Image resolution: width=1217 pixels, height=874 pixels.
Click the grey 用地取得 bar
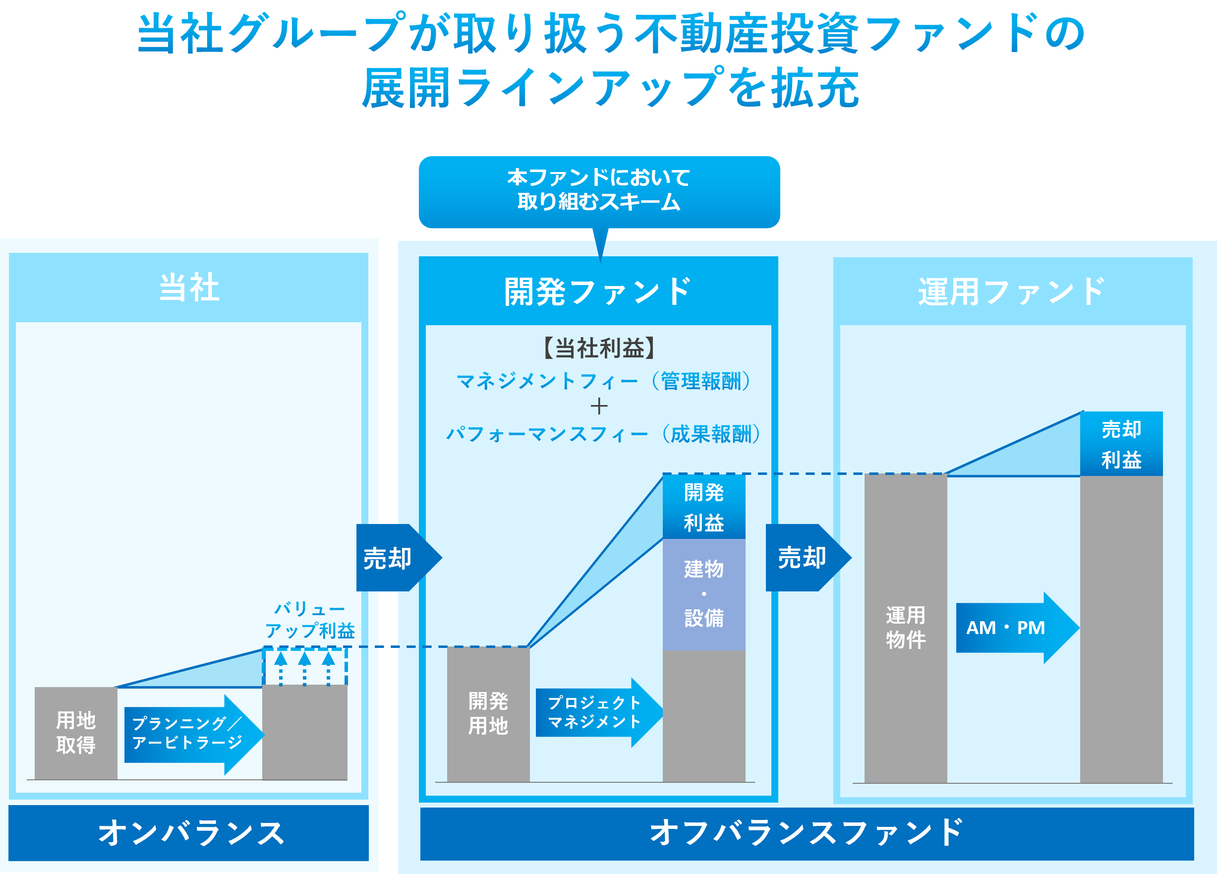pos(76,732)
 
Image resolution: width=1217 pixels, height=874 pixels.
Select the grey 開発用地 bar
pos(488,713)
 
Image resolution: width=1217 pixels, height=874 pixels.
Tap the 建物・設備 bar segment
pos(704,594)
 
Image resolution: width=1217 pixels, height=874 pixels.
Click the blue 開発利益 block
pos(704,507)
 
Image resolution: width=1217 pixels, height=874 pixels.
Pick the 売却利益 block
pos(1121,444)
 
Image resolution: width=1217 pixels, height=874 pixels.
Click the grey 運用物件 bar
pos(906,628)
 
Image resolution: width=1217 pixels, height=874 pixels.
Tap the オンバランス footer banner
pos(189,833)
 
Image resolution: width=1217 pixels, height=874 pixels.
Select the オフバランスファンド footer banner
pos(807,833)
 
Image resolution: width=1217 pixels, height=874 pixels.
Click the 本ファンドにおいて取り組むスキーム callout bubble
pos(599,190)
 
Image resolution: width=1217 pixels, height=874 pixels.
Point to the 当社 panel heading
pos(189,288)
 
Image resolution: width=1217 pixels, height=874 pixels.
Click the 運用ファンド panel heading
pos(1012,291)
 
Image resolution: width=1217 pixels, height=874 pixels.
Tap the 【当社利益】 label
pos(599,348)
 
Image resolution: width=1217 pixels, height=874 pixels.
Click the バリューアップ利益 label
pos(310,620)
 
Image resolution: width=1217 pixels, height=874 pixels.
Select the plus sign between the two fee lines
pos(599,407)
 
